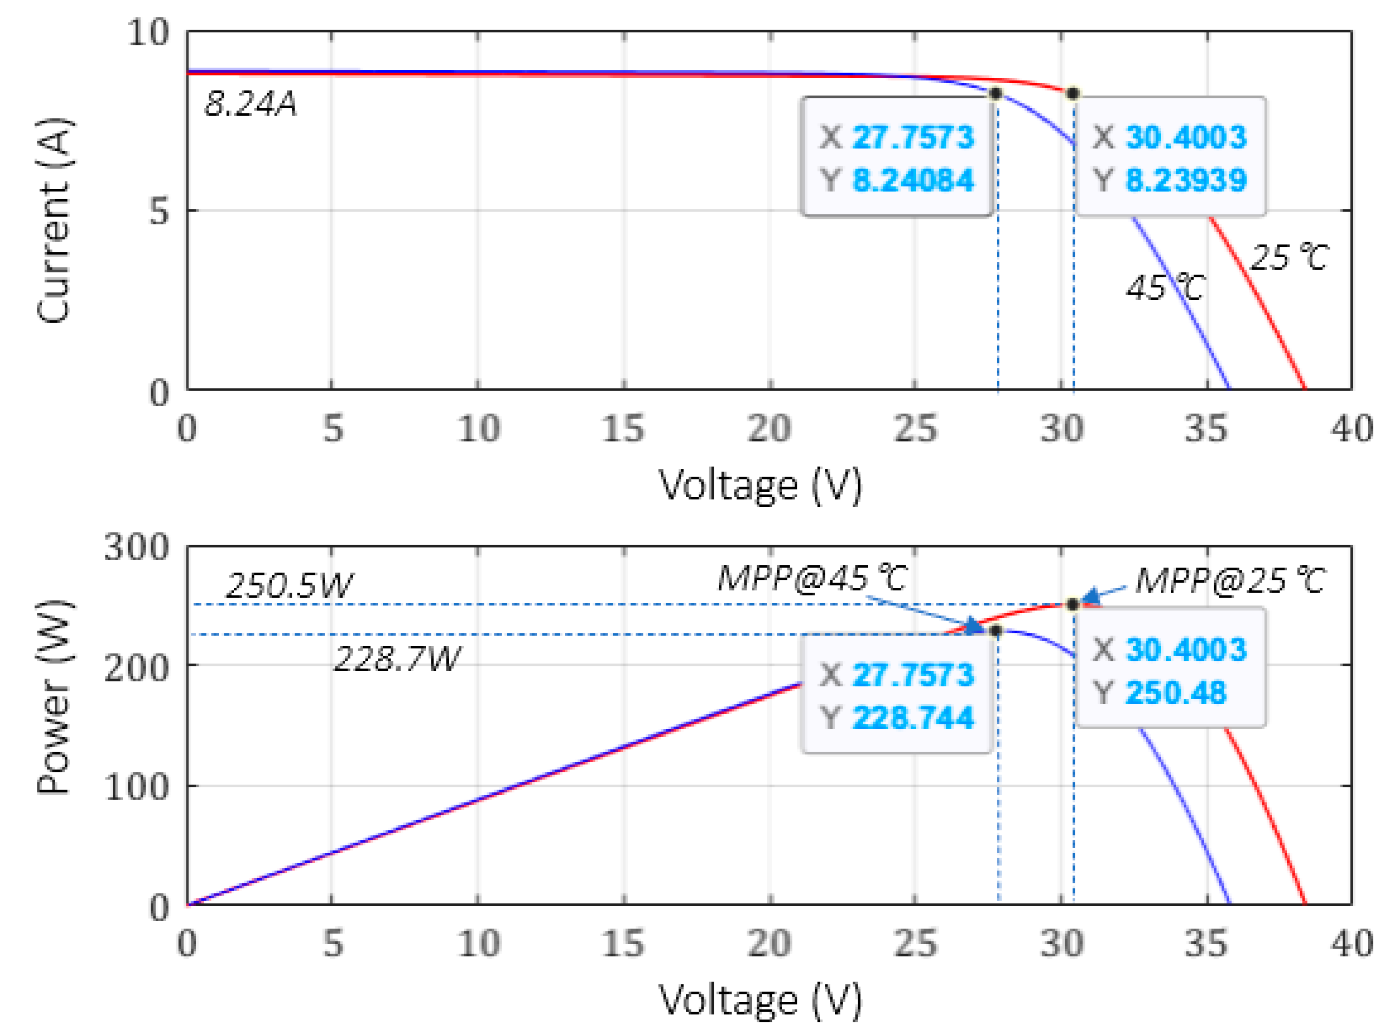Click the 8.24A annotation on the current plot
[250, 104]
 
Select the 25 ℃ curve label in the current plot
[1289, 257]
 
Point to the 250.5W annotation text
[289, 586]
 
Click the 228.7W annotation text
[397, 659]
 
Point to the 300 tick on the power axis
[137, 548]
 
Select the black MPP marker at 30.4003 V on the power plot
[1073, 605]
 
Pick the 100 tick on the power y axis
[137, 786]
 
